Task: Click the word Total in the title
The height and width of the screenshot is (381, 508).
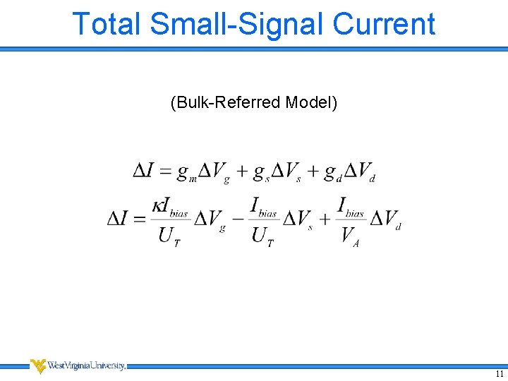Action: click(107, 23)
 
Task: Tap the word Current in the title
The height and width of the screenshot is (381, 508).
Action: click(384, 23)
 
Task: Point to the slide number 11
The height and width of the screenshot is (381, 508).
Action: click(499, 374)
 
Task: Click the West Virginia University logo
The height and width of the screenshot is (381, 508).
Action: click(78, 365)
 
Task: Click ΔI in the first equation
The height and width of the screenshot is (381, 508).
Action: click(144, 171)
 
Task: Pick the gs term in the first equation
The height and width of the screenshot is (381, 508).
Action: click(262, 173)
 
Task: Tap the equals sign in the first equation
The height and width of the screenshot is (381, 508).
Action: click(166, 171)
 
